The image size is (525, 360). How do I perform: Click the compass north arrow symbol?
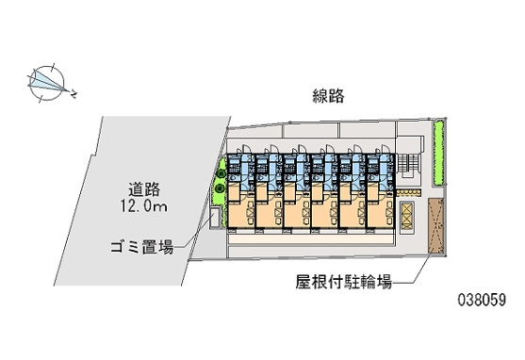pyautogui.click(x=47, y=83)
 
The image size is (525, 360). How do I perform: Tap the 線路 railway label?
pyautogui.click(x=328, y=96)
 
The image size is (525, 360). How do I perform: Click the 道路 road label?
pyautogui.click(x=144, y=189)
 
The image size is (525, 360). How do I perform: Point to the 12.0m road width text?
pyautogui.click(x=143, y=206)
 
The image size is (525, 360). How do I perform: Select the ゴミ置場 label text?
pyautogui.click(x=142, y=248)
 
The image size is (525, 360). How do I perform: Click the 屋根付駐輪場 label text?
pyautogui.click(x=343, y=282)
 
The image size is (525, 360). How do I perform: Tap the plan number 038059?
pyautogui.click(x=482, y=300)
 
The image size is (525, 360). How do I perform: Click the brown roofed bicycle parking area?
pyautogui.click(x=436, y=225)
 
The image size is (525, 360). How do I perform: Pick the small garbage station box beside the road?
pyautogui.click(x=215, y=218)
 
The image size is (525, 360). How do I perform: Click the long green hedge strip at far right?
pyautogui.click(x=438, y=153)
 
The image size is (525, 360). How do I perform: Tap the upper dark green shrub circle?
pyautogui.click(x=221, y=173)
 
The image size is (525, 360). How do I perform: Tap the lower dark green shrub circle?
pyautogui.click(x=220, y=188)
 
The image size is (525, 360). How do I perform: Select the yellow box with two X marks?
pyautogui.click(x=407, y=216)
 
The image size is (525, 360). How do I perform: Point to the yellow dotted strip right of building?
pyautogui.click(x=408, y=192)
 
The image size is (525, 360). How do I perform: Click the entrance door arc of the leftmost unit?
pyautogui.click(x=245, y=149)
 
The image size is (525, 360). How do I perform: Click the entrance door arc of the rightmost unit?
pyautogui.click(x=385, y=149)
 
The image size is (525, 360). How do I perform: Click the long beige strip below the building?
pyautogui.click(x=311, y=238)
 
